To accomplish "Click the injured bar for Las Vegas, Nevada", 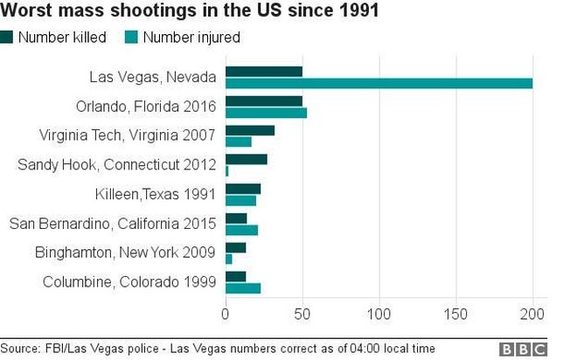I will pos(379,83).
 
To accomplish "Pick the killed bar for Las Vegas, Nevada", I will pos(264,72).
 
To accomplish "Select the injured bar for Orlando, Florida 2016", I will pos(266,113).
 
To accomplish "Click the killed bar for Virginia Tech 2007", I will pos(250,130).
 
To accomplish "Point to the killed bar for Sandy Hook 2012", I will pos(247,160).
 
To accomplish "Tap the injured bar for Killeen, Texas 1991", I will pos(240,201).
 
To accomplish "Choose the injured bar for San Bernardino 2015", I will pos(241,230).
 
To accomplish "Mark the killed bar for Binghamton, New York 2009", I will pos(235,247).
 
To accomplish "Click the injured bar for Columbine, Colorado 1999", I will pos(243,288).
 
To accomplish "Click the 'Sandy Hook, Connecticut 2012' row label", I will pos(117,164).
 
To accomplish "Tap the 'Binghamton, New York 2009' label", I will pos(126,253).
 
